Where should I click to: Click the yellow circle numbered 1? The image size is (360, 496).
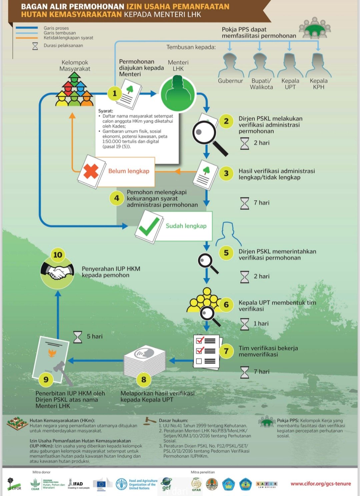(114, 93)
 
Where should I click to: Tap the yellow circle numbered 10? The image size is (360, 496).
(58, 255)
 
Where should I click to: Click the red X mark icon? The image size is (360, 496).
(91, 171)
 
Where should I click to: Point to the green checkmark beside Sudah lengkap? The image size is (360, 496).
(149, 226)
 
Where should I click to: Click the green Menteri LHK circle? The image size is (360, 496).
(177, 94)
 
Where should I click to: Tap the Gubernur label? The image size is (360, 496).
(230, 81)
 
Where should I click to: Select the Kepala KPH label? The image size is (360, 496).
(318, 84)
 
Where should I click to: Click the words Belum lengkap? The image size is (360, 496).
(129, 171)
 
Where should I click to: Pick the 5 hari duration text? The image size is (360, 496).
(95, 336)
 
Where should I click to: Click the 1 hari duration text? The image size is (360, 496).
(261, 323)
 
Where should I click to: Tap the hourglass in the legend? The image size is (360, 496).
(35, 46)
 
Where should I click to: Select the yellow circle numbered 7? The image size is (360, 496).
(226, 351)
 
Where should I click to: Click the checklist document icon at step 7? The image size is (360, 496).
(206, 351)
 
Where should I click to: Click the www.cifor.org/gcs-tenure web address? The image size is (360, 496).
(321, 484)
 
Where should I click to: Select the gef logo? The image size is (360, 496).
(166, 484)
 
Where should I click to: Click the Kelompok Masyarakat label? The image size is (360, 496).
(75, 66)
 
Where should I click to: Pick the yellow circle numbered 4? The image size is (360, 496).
(116, 198)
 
